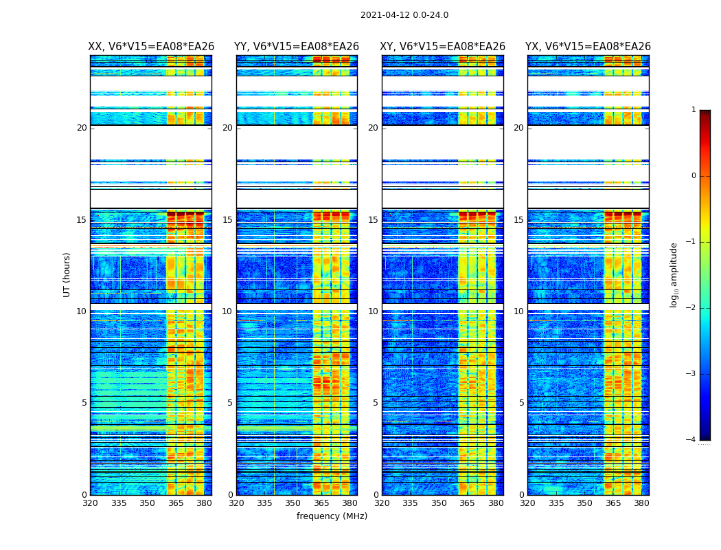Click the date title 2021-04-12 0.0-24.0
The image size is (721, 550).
point(404,15)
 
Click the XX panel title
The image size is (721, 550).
point(151,47)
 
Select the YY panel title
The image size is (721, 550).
point(297,47)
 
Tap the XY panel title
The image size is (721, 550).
point(443,47)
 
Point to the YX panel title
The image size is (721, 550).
point(588,47)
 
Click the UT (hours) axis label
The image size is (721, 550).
point(67,274)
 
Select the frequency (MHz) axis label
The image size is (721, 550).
point(332,516)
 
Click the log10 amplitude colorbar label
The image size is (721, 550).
point(674,274)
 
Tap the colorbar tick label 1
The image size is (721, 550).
point(694,110)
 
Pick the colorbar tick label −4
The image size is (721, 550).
point(691,440)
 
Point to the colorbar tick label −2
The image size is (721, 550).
point(691,308)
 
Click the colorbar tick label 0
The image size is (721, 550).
point(694,176)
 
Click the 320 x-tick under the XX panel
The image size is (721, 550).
point(91,503)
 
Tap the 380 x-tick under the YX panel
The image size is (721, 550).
point(641,503)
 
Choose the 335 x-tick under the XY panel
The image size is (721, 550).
point(411,503)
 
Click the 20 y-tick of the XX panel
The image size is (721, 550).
point(82,128)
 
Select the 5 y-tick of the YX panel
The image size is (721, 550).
point(521,403)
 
